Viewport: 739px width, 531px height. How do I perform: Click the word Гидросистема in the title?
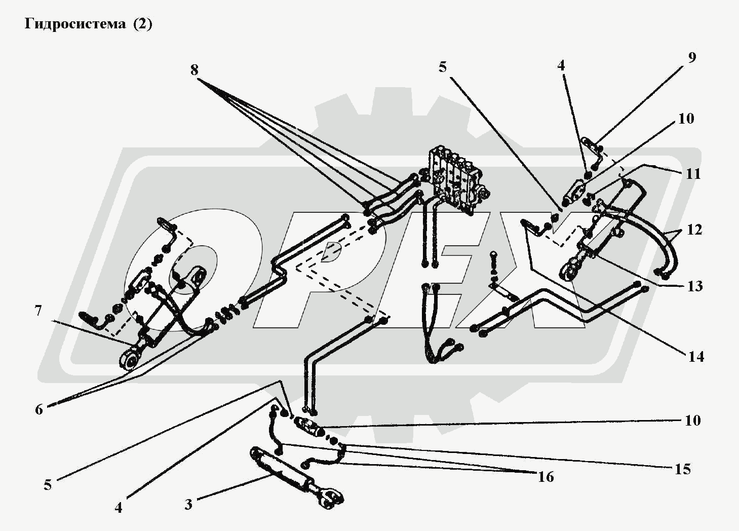(75, 24)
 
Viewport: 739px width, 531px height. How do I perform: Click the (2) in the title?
(142, 24)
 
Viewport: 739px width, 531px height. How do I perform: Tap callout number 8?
(195, 70)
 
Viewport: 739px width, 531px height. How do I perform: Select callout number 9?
(692, 57)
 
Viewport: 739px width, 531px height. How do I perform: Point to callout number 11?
(693, 174)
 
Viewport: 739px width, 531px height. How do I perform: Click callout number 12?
(695, 230)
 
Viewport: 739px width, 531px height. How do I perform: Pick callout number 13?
(695, 286)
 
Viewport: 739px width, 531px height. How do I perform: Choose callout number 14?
(696, 357)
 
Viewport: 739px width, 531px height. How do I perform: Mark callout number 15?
(683, 469)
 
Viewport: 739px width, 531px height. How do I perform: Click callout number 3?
(188, 505)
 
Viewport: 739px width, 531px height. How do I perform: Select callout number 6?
(39, 409)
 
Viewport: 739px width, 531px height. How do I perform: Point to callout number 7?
(38, 311)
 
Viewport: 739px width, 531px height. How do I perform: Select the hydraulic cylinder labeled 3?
(284, 470)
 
